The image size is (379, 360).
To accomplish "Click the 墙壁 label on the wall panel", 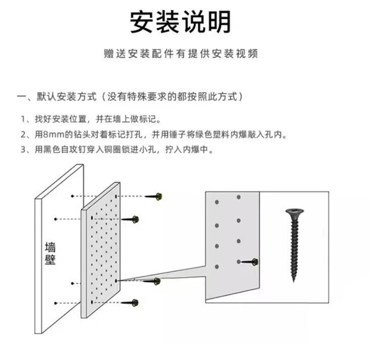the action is click(x=51, y=253).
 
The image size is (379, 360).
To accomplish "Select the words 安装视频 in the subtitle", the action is click(x=241, y=54).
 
